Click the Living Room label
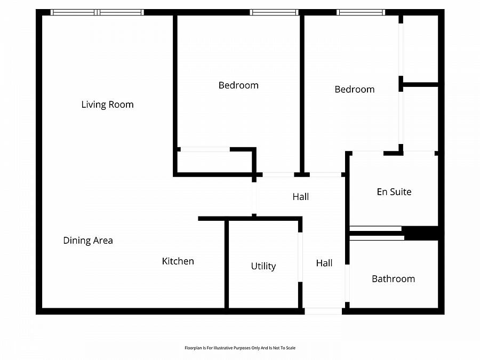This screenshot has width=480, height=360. pos(107,105)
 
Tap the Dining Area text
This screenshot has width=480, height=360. pos(88,241)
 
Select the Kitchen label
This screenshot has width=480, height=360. pos(178,261)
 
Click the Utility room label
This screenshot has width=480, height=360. pos(263,266)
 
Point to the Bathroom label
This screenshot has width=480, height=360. pos(393,279)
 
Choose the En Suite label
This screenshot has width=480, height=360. pos(394,192)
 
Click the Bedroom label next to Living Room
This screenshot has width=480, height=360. pos(238,85)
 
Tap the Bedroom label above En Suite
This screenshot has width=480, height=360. pos(354,90)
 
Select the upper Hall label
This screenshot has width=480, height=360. pos(300,197)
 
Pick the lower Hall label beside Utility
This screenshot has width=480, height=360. pos(324,263)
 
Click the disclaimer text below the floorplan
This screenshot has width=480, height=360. pos(240,348)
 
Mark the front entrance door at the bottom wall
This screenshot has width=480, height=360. pos(323,311)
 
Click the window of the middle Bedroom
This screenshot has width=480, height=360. pos(274,12)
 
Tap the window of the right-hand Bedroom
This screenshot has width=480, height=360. pos(361,12)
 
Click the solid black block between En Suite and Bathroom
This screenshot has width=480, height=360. pos(421,233)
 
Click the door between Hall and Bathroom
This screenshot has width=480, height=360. pos(347,284)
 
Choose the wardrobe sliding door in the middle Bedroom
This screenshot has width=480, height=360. pos(205,149)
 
